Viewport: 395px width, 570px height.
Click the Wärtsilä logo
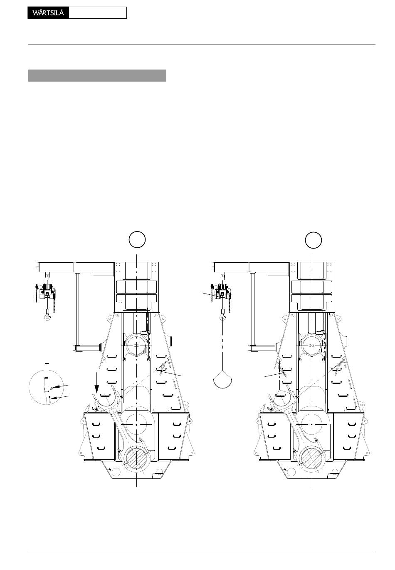[48, 13]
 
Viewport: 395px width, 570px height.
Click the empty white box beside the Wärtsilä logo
[98, 13]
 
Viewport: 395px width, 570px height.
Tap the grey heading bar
[97, 76]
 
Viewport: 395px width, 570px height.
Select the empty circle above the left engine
[137, 239]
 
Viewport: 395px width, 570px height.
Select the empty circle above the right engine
[313, 240]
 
